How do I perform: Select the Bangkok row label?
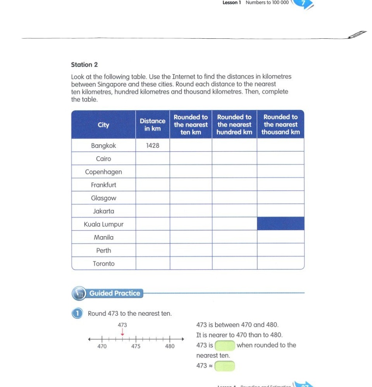click(x=103, y=146)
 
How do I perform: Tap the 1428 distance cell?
click(x=152, y=146)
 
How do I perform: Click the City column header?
click(x=103, y=125)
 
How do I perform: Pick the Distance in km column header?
click(x=152, y=125)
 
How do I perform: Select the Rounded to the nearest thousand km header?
click(x=281, y=125)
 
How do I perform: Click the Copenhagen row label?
click(x=103, y=172)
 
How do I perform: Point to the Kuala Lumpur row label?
click(x=103, y=224)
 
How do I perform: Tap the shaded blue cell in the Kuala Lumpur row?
click(x=281, y=224)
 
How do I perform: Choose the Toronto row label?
click(x=103, y=264)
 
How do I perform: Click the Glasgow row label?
click(x=103, y=198)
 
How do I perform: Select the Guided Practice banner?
click(x=114, y=293)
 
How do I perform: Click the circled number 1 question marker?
click(x=78, y=313)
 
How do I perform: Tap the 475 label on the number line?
click(x=136, y=346)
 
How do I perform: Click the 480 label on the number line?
click(x=170, y=346)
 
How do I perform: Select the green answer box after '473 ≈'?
click(x=225, y=366)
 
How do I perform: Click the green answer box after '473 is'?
click(x=225, y=345)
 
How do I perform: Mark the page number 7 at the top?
click(x=303, y=3)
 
